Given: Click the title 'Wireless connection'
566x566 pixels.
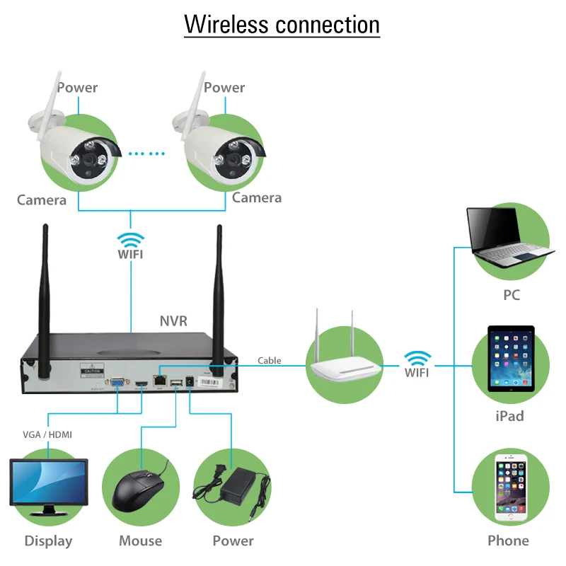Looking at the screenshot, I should (282, 24).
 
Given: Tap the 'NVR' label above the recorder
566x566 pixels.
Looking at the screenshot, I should (173, 320).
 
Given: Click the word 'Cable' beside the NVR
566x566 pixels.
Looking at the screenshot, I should (269, 360).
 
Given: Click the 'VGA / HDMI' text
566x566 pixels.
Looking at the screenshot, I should (48, 434).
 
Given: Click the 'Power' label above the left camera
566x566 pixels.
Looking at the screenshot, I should (77, 88).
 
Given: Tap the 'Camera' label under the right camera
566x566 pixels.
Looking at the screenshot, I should (256, 198).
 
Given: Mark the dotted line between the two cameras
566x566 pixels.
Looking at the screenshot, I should (146, 153).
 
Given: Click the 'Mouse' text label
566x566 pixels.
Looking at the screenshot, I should (140, 541).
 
